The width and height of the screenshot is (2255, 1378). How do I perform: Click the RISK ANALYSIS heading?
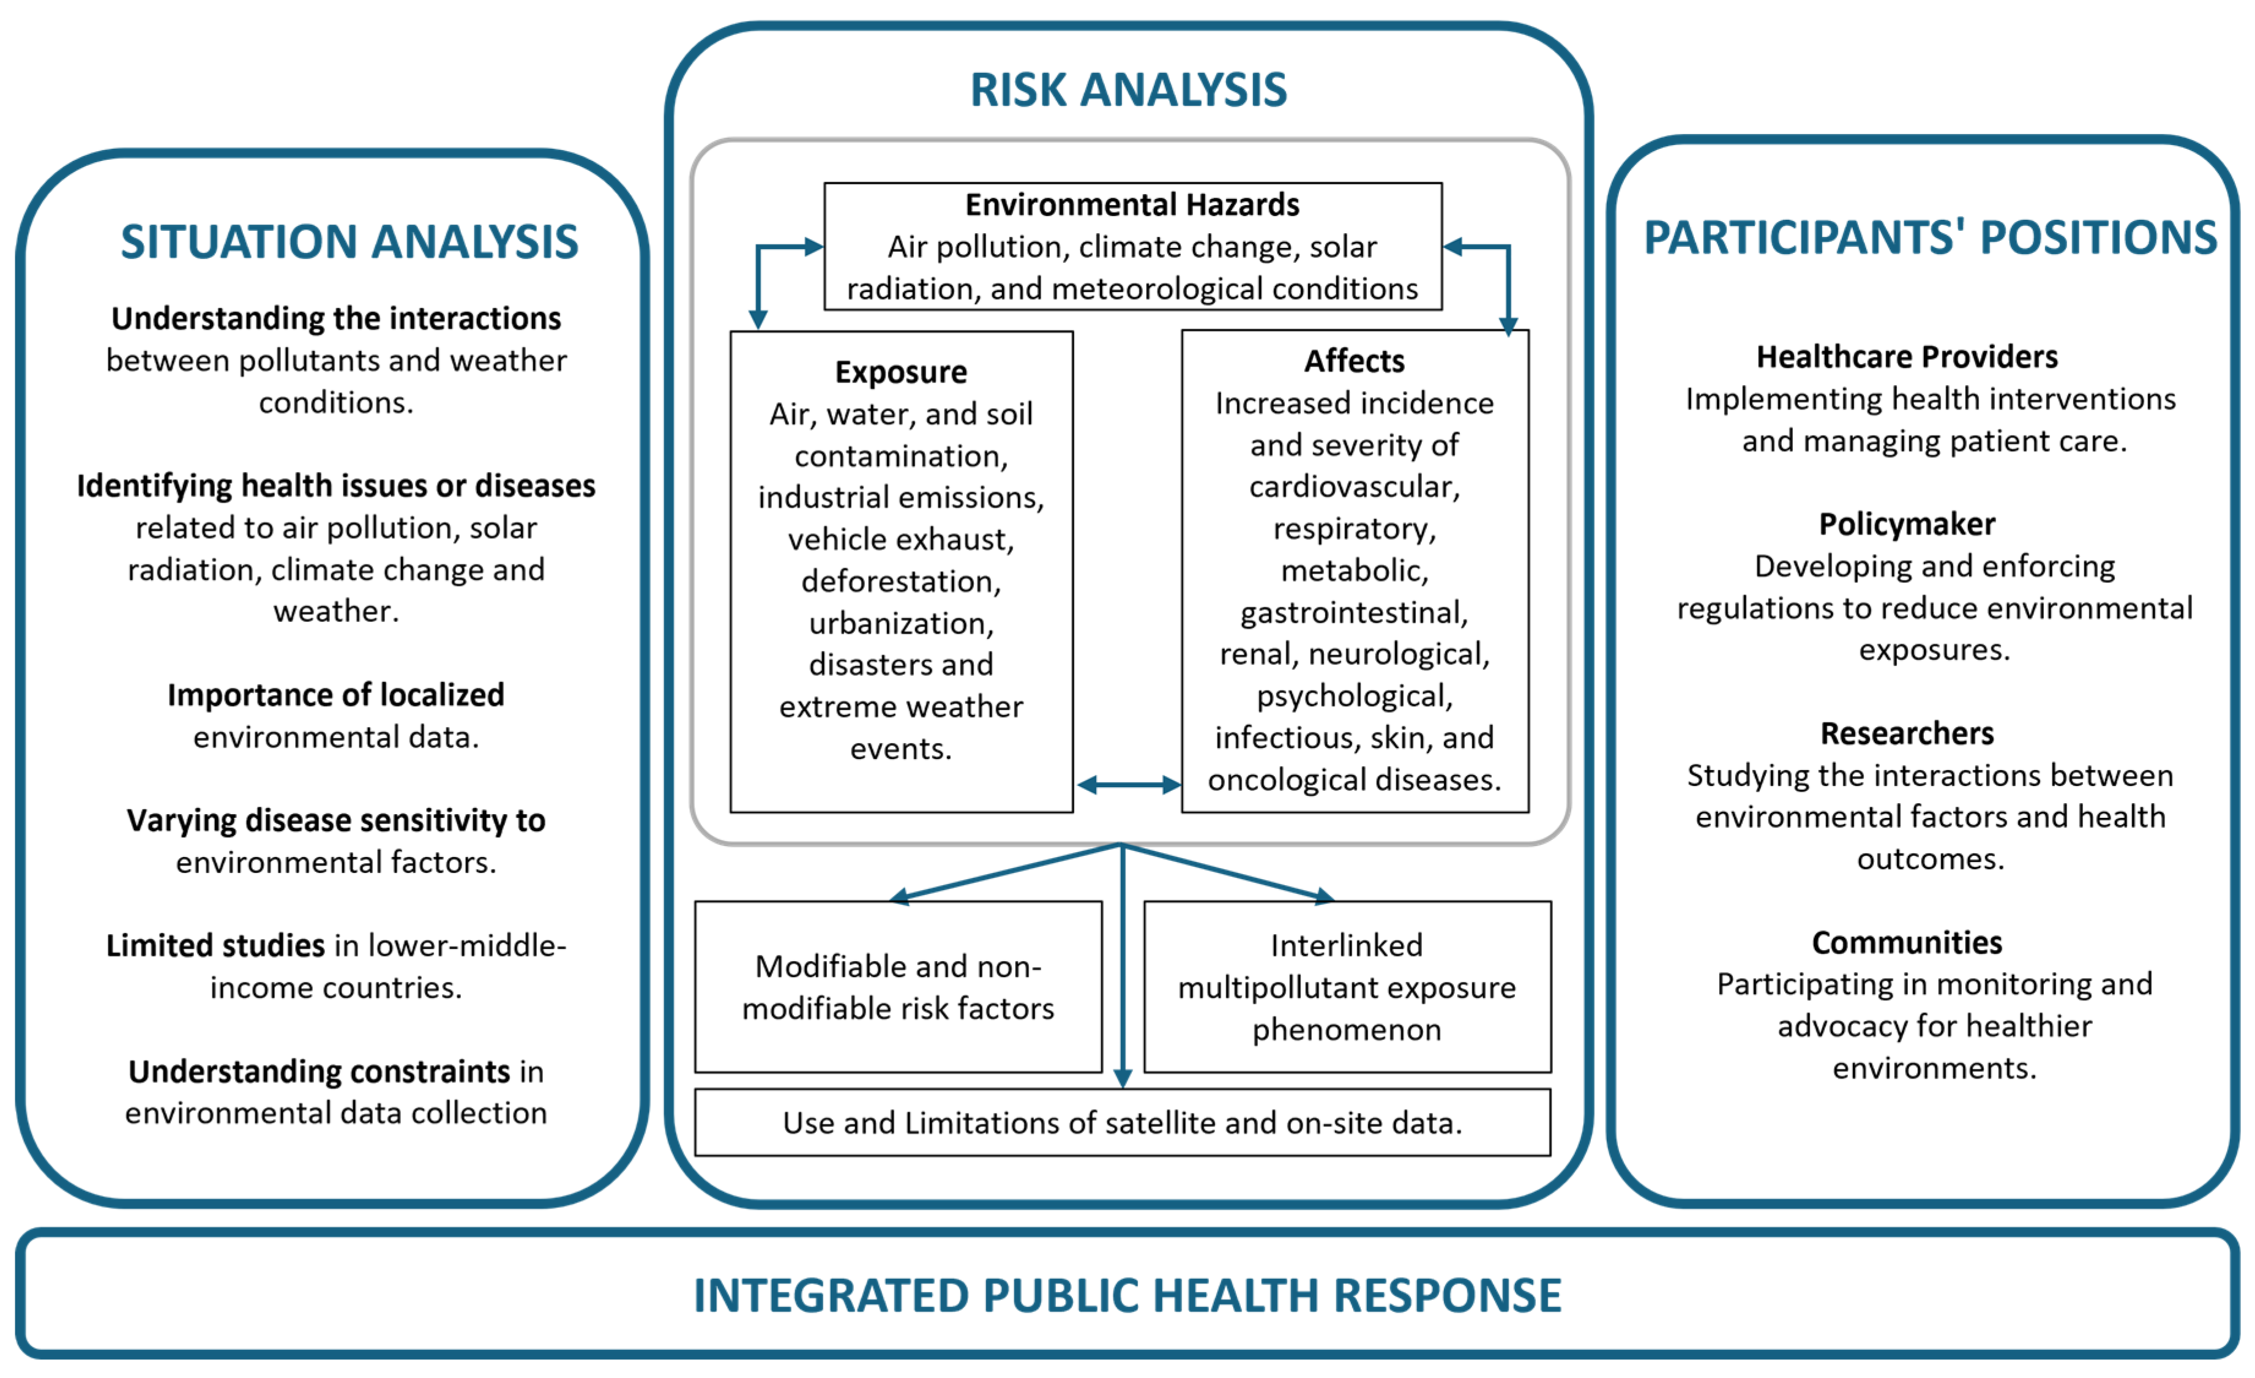[x=1127, y=89]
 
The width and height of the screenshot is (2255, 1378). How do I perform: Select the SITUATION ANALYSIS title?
[x=350, y=242]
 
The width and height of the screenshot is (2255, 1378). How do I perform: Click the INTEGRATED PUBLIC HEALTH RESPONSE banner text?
[x=1127, y=1295]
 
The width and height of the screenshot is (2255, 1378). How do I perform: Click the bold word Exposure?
[x=900, y=372]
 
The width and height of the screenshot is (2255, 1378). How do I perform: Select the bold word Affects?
[x=1353, y=361]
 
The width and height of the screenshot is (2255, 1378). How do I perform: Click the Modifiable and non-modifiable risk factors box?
[x=898, y=986]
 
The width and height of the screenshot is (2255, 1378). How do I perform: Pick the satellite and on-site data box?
[x=1122, y=1123]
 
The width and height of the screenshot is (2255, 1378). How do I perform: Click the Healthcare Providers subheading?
[x=1906, y=357]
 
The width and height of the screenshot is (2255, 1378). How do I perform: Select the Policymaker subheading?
[x=1906, y=524]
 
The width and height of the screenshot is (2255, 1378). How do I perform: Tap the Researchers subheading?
[x=1906, y=734]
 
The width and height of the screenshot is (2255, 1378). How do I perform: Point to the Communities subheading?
[x=1906, y=943]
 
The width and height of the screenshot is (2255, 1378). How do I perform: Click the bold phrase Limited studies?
[x=215, y=945]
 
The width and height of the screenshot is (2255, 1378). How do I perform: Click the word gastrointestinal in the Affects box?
[x=1353, y=612]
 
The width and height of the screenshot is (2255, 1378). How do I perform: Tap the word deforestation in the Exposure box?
[x=900, y=581]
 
